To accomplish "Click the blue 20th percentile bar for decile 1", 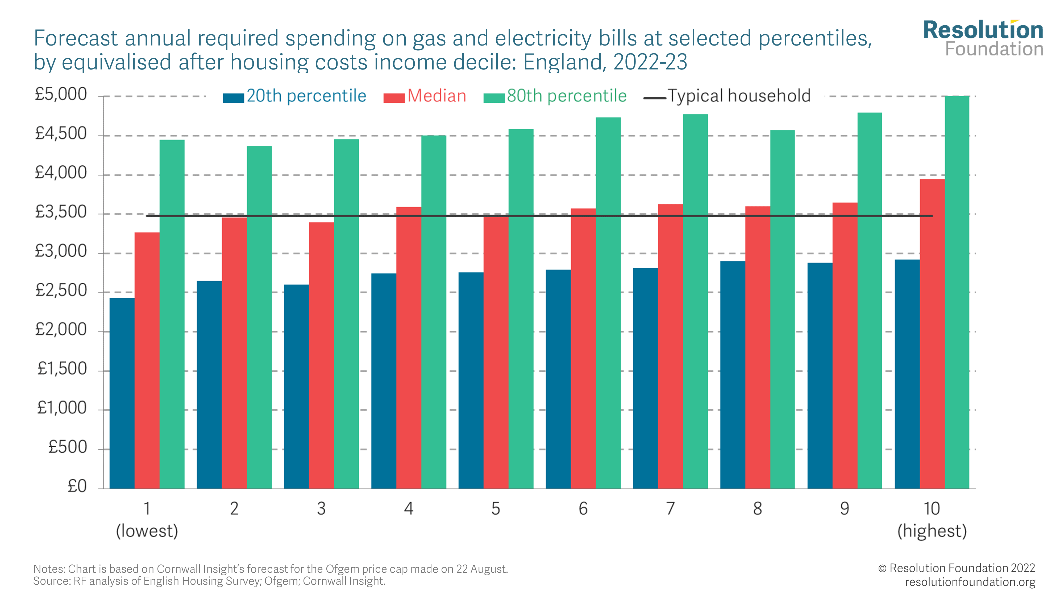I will click(122, 393).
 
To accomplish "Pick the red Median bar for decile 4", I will click(409, 347).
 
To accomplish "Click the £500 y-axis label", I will click(67, 447).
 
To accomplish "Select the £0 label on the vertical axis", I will click(77, 486).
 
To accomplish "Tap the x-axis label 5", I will click(496, 508).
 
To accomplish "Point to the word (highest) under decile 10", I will click(932, 531).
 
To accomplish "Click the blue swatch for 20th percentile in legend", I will click(233, 98).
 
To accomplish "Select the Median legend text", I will click(437, 96).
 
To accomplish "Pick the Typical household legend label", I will click(739, 96).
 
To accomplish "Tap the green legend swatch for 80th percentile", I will click(494, 98).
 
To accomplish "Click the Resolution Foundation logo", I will click(983, 38).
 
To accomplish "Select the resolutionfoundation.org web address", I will click(970, 582).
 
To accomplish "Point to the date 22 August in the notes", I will click(482, 569).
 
